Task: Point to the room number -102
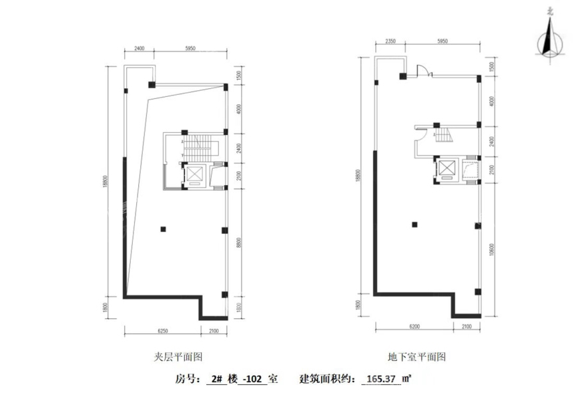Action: click(253, 379)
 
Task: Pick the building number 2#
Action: click(216, 379)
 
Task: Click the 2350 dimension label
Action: click(390, 41)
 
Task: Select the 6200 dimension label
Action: click(414, 327)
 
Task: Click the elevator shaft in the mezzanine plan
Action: click(194, 174)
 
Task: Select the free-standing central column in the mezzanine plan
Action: click(163, 230)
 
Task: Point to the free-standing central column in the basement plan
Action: click(414, 224)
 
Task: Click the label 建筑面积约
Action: click(327, 379)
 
